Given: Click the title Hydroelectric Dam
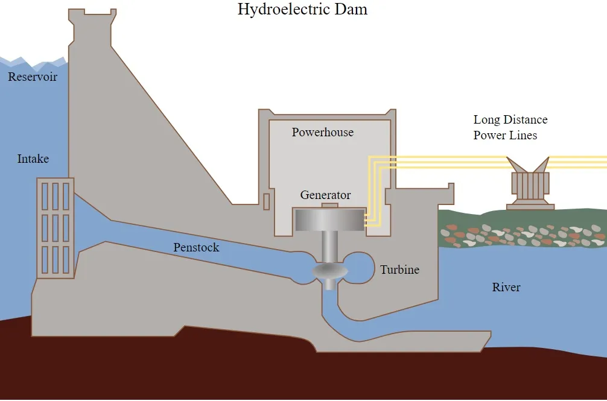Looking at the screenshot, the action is point(302,9).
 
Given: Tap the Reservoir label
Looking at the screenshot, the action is point(33,77).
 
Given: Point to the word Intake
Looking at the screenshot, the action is point(33,159).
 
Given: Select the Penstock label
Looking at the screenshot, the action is point(196,247).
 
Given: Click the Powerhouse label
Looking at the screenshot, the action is point(322,132).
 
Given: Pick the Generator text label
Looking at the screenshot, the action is point(326,195).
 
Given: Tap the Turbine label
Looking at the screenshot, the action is point(399,270).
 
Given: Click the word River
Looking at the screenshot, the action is point(506,287).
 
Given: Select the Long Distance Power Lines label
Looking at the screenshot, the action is point(510,127).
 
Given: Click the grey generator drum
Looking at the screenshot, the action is point(330,220).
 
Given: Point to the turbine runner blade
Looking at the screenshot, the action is point(330,271).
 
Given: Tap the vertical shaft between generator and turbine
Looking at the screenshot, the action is point(329,247).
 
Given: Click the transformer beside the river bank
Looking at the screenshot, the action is point(530,183).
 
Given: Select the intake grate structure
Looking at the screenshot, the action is point(56,228).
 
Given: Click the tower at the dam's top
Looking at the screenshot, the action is point(92,28).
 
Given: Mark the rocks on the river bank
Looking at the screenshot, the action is point(523,235).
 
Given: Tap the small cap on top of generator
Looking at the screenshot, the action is point(330,206).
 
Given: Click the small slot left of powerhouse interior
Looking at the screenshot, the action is point(266,202).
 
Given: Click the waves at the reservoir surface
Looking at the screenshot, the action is point(34,61).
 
